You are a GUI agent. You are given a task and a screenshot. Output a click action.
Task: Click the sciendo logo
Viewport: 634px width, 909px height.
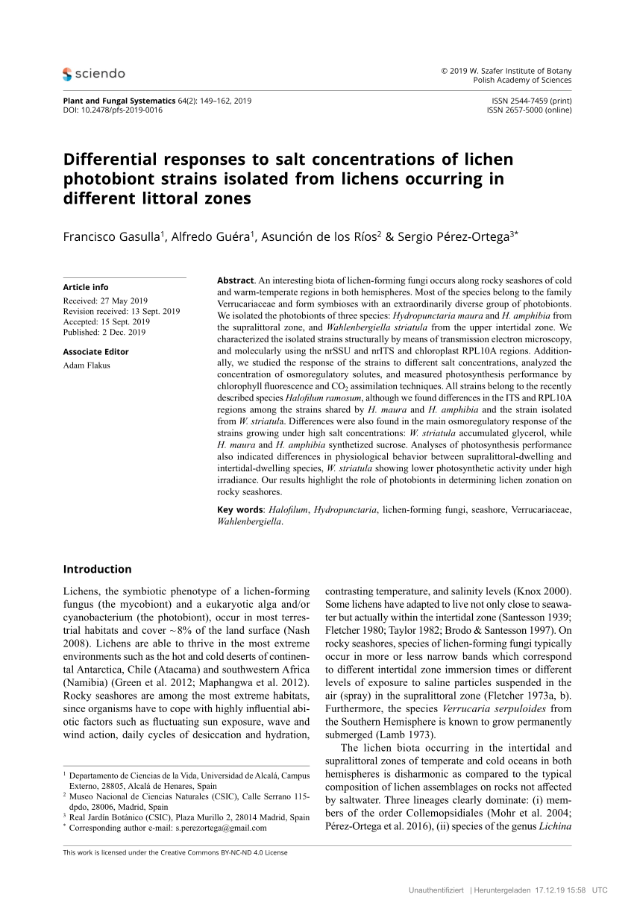coord(94,73)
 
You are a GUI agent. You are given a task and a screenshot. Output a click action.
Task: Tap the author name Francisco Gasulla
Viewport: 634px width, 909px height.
coord(113,236)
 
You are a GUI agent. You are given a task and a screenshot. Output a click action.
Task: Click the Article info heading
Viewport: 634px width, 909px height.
coord(86,287)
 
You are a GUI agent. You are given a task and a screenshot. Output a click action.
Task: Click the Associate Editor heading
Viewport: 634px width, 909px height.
coord(95,352)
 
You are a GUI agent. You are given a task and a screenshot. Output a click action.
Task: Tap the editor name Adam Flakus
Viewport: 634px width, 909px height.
coord(87,365)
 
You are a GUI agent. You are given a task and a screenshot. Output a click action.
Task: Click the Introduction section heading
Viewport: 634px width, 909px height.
coord(97,569)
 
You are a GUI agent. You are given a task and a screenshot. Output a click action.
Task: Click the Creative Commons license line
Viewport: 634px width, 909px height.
coord(175,852)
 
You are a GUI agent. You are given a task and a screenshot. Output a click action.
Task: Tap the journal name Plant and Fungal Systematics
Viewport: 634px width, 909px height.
coord(119,101)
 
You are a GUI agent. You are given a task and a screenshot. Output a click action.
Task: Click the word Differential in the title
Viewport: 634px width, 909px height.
coord(110,160)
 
